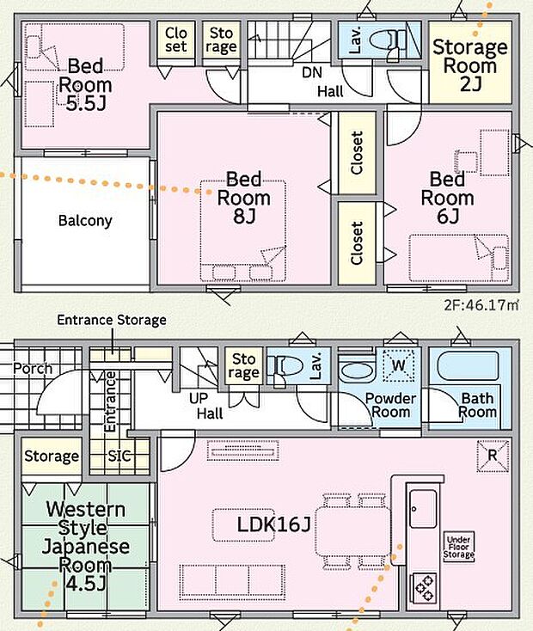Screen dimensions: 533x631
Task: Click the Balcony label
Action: point(85,221)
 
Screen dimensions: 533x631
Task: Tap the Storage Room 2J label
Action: point(469,65)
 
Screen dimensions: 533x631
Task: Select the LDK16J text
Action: point(273,524)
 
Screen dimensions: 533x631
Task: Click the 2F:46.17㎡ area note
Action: point(481,305)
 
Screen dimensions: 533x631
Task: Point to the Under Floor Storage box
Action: point(458,547)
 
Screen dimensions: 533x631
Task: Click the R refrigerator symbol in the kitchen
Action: point(493,456)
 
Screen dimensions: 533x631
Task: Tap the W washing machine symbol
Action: point(398,365)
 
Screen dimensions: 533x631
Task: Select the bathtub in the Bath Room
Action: point(468,366)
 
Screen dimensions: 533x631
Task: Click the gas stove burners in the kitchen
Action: point(424,588)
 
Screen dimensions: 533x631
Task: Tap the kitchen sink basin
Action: point(423,509)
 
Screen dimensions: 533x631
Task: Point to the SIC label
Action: point(119,456)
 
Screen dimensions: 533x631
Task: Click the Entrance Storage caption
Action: point(112,320)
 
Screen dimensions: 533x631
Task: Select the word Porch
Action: point(33,368)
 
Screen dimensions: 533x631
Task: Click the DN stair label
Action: point(312,72)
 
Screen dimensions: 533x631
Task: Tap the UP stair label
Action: point(199,398)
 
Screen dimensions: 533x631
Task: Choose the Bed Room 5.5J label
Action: point(85,84)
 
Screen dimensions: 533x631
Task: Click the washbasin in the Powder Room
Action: point(357,371)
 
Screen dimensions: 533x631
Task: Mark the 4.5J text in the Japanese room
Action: point(85,583)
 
